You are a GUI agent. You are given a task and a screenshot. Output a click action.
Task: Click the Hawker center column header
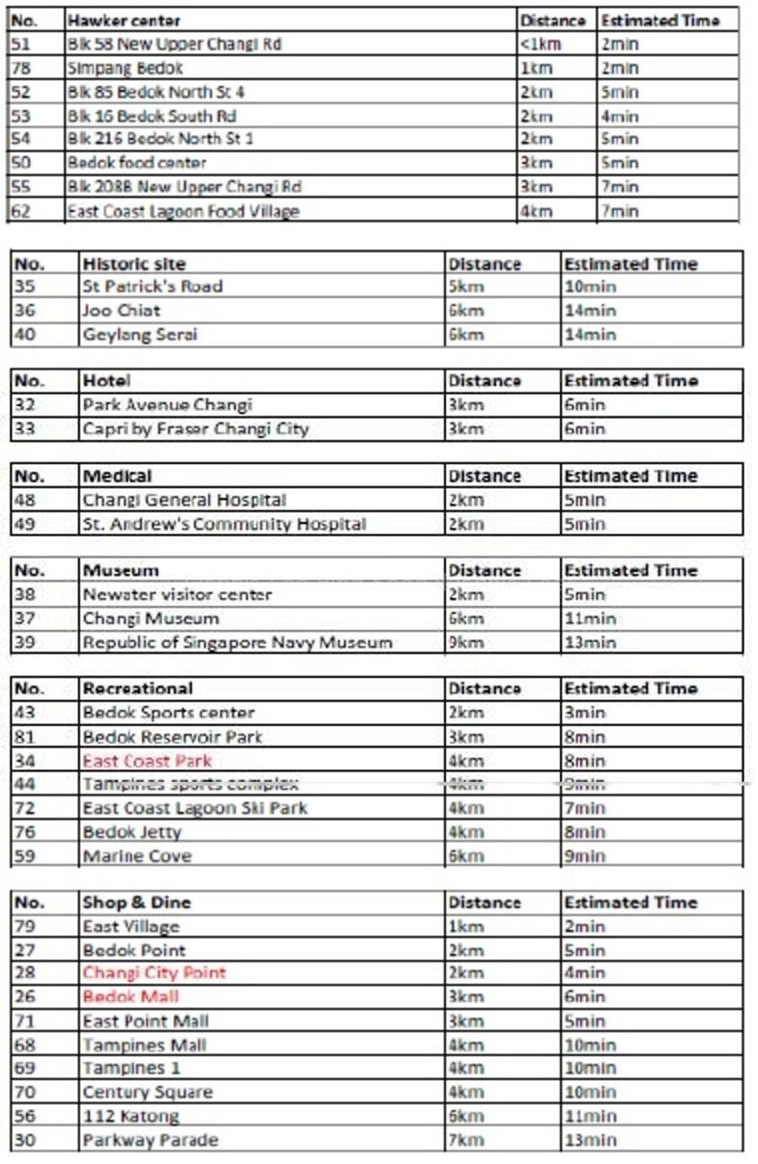click(x=124, y=20)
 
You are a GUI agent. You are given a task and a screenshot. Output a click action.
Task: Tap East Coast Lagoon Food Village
click(x=183, y=211)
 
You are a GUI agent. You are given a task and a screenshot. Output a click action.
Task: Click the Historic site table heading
click(x=134, y=263)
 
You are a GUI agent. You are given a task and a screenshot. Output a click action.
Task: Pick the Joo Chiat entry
click(x=120, y=311)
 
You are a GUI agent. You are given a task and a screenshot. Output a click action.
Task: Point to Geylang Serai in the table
click(x=139, y=335)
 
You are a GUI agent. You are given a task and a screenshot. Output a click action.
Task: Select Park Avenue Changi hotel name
click(x=167, y=405)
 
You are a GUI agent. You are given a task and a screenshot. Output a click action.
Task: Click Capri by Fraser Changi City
click(x=195, y=429)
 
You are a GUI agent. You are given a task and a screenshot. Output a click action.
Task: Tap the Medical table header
click(x=117, y=476)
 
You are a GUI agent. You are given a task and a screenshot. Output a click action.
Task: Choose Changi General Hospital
click(x=184, y=500)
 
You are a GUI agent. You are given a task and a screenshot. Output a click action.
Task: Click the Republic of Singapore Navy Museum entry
click(x=237, y=643)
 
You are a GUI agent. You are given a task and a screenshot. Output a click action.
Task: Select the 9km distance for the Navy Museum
click(x=466, y=643)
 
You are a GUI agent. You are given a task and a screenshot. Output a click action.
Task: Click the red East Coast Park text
click(x=147, y=761)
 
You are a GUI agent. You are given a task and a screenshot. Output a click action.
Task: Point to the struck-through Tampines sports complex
click(x=190, y=784)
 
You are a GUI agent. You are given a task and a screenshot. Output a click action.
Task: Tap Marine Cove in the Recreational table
click(x=136, y=856)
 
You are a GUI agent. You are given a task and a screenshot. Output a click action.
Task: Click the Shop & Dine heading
click(x=136, y=902)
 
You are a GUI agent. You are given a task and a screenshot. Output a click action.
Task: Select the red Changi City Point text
click(x=154, y=973)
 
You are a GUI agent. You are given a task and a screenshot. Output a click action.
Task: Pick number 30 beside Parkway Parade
click(x=25, y=1140)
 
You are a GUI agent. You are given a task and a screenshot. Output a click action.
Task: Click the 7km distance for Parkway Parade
click(x=466, y=1140)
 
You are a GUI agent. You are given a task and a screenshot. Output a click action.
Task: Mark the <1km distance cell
click(x=541, y=45)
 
